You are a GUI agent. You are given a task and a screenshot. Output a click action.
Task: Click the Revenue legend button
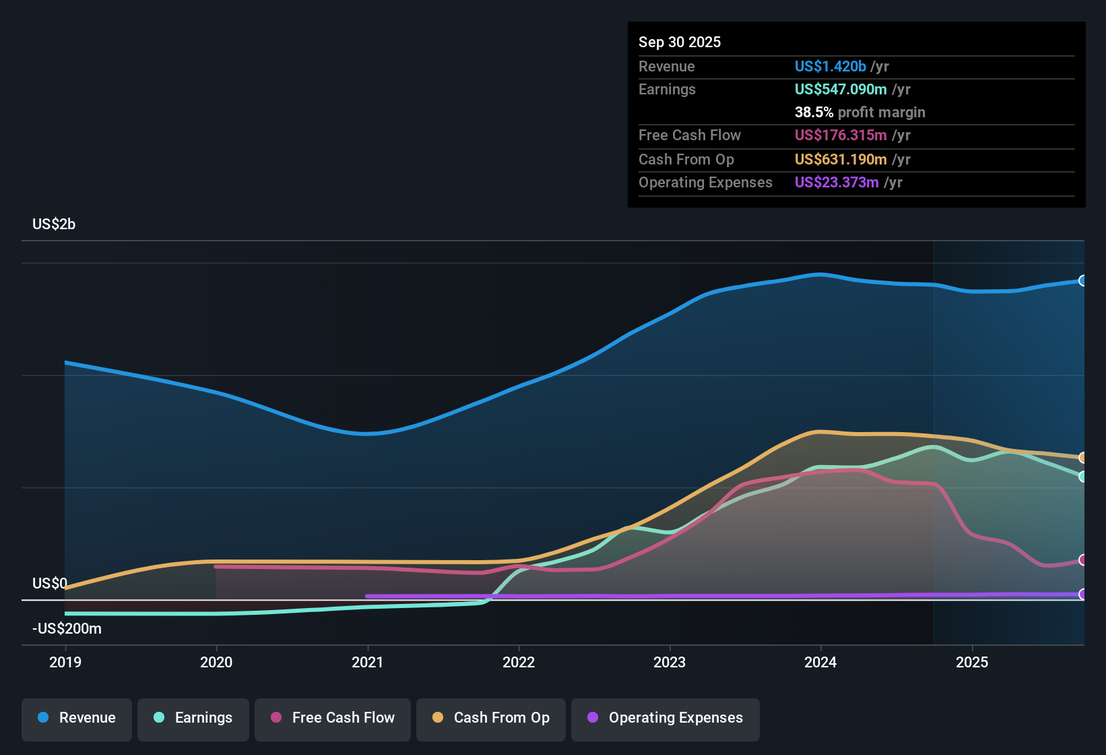[77, 718]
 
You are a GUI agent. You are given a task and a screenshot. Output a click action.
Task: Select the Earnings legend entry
[193, 718]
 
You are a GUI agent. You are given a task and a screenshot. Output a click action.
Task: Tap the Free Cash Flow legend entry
[333, 718]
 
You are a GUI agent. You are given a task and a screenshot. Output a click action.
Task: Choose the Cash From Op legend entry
[491, 718]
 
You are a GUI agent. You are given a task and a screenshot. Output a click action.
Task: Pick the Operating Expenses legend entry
[665, 718]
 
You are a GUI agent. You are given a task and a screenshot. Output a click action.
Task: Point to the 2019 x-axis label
[65, 662]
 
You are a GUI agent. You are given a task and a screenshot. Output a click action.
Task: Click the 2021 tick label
[368, 662]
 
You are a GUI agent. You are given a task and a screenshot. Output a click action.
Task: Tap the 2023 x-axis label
[670, 662]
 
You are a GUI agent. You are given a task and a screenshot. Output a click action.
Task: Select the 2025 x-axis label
[972, 662]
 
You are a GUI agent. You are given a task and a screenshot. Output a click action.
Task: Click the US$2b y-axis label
[54, 224]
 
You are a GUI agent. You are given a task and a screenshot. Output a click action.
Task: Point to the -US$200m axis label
[67, 629]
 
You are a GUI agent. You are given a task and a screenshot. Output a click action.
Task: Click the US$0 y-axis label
[50, 584]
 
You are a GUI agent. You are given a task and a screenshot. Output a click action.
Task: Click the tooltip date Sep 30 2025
[679, 42]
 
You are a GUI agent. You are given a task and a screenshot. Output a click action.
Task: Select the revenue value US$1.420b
[830, 67]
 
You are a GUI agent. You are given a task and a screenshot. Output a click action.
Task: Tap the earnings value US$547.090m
[840, 90]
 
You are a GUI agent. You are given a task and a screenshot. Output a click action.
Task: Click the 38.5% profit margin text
[859, 113]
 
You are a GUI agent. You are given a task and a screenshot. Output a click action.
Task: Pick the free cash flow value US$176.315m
[840, 135]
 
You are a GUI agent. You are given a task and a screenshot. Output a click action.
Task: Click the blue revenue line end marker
[1082, 280]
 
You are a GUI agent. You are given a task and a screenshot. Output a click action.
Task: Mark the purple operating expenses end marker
[1082, 594]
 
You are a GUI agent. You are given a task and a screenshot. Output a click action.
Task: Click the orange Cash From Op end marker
[1082, 458]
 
